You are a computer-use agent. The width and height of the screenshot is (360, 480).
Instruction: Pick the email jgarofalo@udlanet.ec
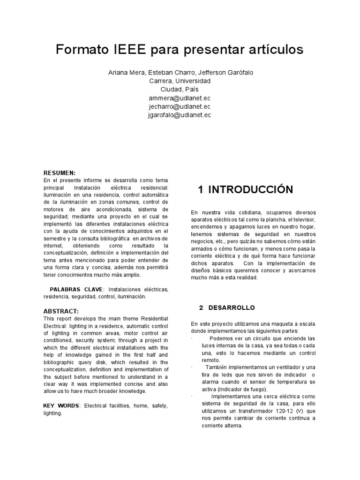180,114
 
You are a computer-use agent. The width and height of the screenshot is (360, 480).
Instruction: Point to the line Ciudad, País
180,89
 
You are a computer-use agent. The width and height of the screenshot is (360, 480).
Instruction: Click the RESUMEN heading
59,173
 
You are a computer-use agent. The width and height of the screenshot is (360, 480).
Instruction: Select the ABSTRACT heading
61,311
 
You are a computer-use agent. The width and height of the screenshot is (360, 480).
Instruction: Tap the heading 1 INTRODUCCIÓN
245,189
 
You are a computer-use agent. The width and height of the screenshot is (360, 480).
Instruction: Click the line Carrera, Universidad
180,81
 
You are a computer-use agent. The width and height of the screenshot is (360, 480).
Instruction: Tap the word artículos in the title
270,50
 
